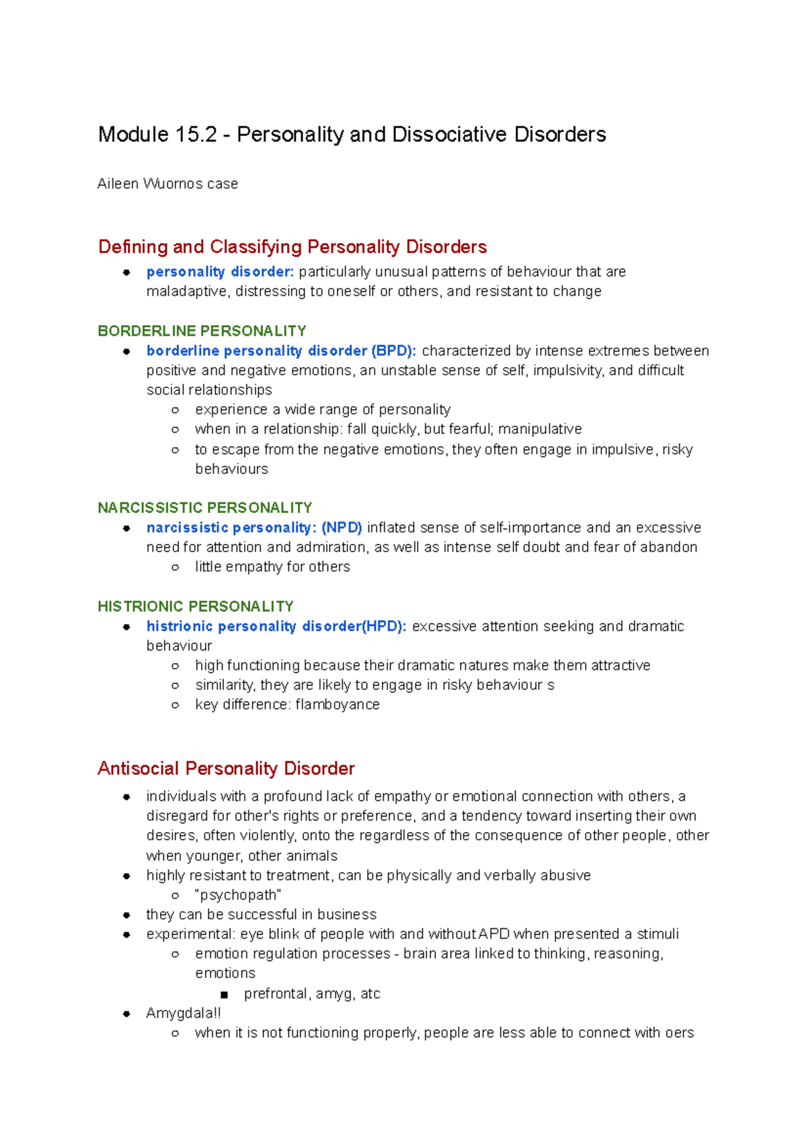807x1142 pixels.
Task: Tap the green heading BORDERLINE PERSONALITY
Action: (202, 331)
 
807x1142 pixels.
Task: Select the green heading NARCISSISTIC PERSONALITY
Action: (205, 508)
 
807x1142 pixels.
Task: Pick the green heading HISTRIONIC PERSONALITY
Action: (196, 607)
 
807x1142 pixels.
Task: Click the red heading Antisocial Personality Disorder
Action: (226, 769)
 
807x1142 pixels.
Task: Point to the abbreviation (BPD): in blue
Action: (393, 351)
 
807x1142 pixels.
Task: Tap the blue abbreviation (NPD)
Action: (342, 528)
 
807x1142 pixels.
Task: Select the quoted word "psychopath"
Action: (238, 895)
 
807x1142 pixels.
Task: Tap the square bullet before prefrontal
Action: (224, 995)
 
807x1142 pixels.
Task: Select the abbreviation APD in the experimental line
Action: (494, 934)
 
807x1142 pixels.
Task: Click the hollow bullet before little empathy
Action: (176, 568)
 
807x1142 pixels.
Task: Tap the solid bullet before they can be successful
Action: (126, 915)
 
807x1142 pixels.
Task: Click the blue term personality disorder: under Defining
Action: (220, 272)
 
